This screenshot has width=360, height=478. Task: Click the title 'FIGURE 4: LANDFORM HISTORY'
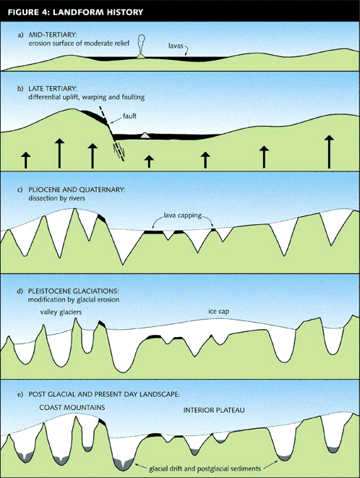(75, 12)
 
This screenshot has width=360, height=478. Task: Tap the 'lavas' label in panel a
(176, 46)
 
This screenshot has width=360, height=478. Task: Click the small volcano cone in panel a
(140, 56)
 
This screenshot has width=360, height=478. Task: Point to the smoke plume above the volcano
(141, 43)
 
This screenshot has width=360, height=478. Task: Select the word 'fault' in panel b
(129, 116)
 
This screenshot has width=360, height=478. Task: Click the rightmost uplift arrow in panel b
(329, 152)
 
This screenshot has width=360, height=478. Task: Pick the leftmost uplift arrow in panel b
(26, 161)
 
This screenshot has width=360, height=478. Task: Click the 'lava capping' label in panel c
(183, 215)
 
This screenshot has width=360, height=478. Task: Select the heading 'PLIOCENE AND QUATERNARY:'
(77, 189)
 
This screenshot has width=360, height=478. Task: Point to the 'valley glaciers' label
(61, 312)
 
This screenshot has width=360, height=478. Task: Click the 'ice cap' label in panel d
(218, 311)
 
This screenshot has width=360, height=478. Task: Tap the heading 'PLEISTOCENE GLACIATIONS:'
(74, 291)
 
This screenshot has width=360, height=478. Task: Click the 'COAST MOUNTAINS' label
(72, 407)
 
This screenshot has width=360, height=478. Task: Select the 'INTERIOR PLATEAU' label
(214, 410)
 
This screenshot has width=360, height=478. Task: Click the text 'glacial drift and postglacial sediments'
(205, 469)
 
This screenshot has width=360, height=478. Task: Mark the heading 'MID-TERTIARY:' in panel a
(53, 35)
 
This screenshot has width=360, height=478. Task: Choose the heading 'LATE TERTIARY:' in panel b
(53, 88)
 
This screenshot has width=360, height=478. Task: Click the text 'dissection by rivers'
(56, 198)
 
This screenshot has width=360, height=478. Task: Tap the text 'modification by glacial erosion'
(74, 299)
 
